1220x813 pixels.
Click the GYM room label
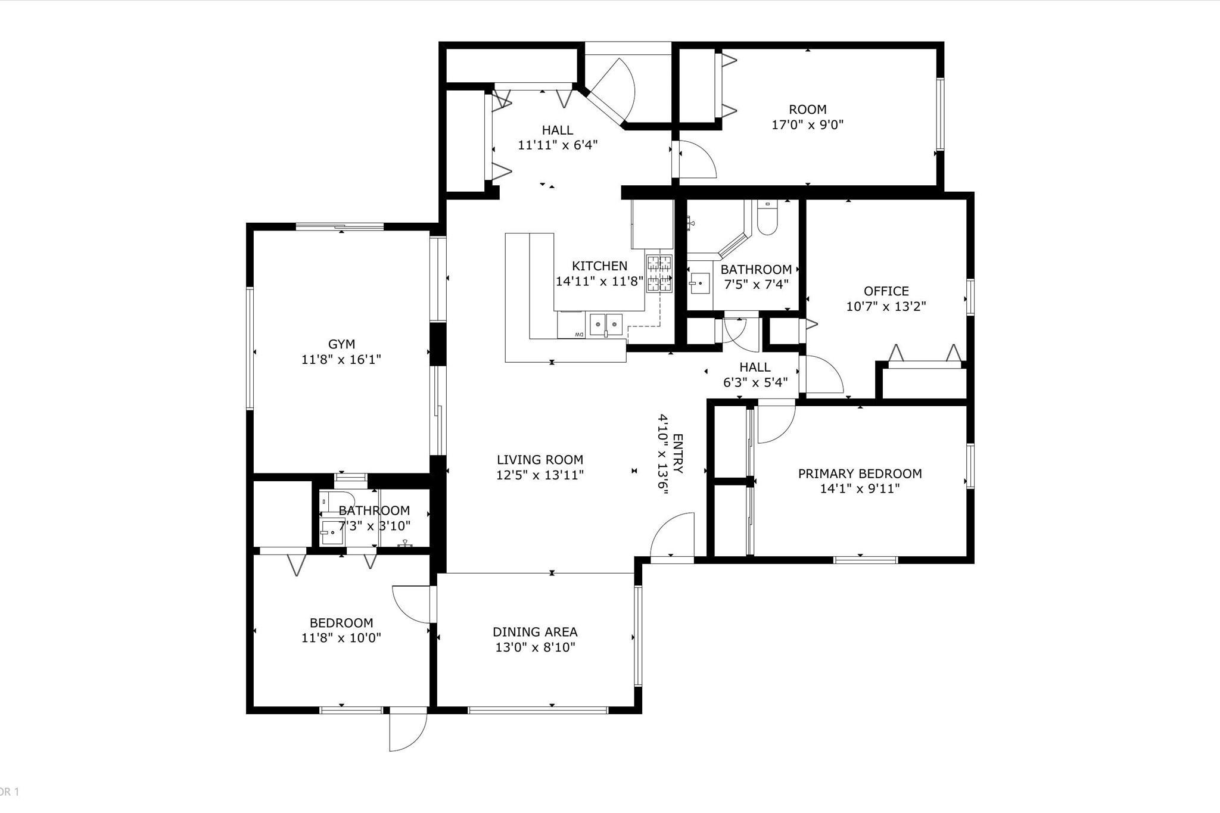341,344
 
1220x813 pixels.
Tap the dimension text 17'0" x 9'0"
808,125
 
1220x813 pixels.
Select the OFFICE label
886,291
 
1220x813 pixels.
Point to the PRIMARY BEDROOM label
860,474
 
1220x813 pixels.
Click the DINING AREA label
535,632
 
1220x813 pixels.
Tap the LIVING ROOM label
540,460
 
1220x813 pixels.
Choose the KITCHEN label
599,266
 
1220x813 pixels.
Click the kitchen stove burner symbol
659,274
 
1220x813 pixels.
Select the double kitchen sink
606,325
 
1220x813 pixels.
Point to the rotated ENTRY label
677,454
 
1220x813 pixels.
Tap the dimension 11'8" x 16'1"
341,360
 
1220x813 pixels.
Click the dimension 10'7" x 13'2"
886,307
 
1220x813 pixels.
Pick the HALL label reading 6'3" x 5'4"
755,375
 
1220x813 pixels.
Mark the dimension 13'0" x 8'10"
535,647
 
